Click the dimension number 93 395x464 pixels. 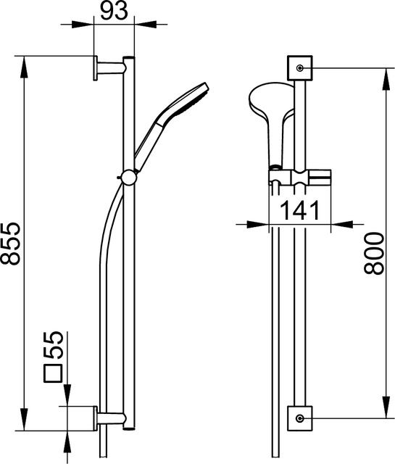click(x=114, y=10)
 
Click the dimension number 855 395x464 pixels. click(x=11, y=244)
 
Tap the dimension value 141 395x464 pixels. click(x=300, y=210)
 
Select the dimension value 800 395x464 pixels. click(x=374, y=253)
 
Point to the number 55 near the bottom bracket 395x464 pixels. click(x=54, y=345)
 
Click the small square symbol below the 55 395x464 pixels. click(x=53, y=374)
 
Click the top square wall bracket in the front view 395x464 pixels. click(x=300, y=67)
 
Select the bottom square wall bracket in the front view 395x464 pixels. click(x=300, y=418)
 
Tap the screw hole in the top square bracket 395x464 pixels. click(x=300, y=68)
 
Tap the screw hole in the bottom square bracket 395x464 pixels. click(x=300, y=418)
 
